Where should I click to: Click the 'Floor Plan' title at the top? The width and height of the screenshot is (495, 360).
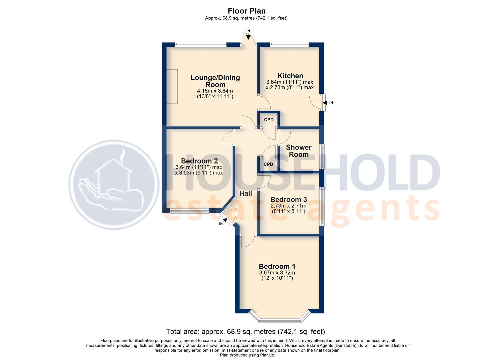246,11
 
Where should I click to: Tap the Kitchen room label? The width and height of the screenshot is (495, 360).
290,76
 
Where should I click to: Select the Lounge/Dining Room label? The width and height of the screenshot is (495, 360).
215,81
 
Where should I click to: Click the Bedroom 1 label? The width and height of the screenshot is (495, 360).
277,266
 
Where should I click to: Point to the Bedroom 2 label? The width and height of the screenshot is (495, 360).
199,161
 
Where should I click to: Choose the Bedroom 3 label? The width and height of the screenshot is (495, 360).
289,199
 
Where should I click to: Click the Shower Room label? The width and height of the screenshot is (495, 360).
299,151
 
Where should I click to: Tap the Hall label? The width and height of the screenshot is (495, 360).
246,193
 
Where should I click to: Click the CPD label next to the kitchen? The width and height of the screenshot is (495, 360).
269,120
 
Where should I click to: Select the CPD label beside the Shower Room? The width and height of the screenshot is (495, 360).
268,164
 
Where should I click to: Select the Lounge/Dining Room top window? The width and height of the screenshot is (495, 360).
200,43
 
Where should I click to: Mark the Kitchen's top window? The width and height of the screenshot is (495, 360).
289,43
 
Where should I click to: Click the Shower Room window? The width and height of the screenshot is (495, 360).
322,157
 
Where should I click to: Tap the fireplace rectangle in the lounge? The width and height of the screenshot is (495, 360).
172,86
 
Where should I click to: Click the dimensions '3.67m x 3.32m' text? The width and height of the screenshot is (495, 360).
277,273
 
